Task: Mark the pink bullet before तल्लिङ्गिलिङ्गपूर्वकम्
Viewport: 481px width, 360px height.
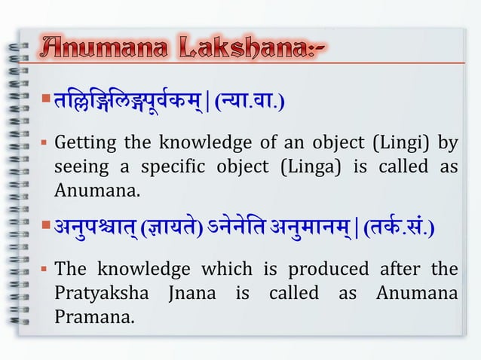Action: click(x=47, y=98)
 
